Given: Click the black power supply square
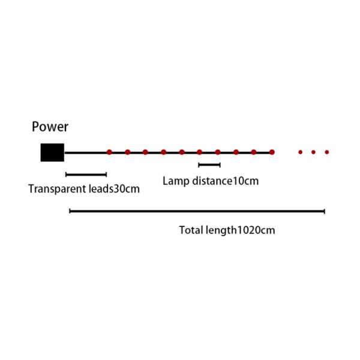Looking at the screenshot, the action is (x=52, y=152).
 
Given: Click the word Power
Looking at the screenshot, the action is (x=50, y=127).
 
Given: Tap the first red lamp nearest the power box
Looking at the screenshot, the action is (x=110, y=152).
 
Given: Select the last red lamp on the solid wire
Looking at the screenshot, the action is (x=272, y=152).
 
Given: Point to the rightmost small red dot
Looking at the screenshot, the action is (x=327, y=152).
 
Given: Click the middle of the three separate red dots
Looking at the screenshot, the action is (x=313, y=152).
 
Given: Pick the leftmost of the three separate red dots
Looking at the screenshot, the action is (x=301, y=152).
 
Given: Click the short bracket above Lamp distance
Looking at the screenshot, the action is (x=209, y=165).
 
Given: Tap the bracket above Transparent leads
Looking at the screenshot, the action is (x=86, y=175).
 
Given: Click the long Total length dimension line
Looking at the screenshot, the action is (x=197, y=211).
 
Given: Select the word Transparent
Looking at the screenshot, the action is (x=57, y=189).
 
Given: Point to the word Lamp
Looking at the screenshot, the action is (x=176, y=181).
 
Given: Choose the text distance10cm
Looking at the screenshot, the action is (x=226, y=181).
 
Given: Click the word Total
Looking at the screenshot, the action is (x=191, y=230).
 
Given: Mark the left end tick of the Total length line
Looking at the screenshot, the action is (x=70, y=211).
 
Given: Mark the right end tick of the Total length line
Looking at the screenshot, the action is (x=325, y=211).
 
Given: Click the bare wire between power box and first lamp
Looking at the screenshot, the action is (x=86, y=152).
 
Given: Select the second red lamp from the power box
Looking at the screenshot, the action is (x=128, y=152).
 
